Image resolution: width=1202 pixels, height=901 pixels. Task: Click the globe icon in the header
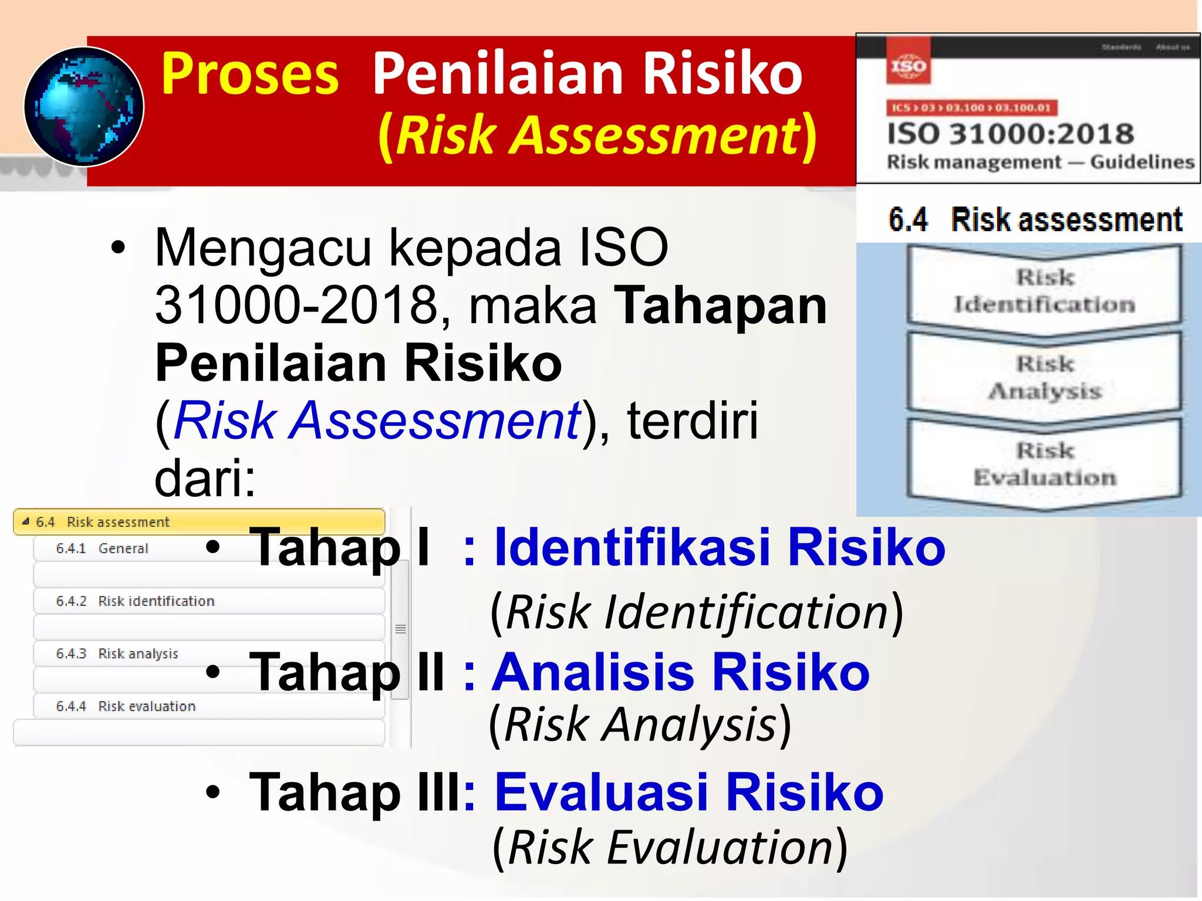click(x=84, y=107)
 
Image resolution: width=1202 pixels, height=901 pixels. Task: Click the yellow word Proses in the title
click(x=249, y=74)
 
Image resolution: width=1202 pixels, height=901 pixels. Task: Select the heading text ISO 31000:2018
click(x=1009, y=134)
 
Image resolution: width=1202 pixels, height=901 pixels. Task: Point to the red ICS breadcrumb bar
click(x=971, y=108)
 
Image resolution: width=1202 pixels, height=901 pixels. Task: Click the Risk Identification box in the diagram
click(x=1044, y=291)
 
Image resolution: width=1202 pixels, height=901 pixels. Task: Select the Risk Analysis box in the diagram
click(x=1044, y=377)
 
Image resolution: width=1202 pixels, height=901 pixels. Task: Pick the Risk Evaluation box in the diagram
click(x=1044, y=464)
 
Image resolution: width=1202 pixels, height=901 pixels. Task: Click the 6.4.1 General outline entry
click(x=102, y=548)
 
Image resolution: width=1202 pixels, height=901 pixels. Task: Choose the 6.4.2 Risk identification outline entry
click(x=135, y=601)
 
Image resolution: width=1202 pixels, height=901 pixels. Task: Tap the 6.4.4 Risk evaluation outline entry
click(x=126, y=706)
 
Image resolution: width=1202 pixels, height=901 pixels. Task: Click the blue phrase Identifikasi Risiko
click(x=720, y=547)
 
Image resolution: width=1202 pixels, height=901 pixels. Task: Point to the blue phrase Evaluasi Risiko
click(x=689, y=792)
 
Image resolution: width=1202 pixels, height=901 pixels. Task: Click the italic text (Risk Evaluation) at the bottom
click(x=670, y=848)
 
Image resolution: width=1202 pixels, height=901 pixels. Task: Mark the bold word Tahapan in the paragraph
click(x=720, y=306)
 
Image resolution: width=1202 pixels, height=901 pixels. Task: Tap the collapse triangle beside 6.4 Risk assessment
click(x=25, y=521)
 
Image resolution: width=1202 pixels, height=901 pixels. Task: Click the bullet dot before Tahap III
click(x=213, y=793)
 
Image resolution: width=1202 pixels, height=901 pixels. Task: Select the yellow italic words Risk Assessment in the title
click(x=599, y=136)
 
